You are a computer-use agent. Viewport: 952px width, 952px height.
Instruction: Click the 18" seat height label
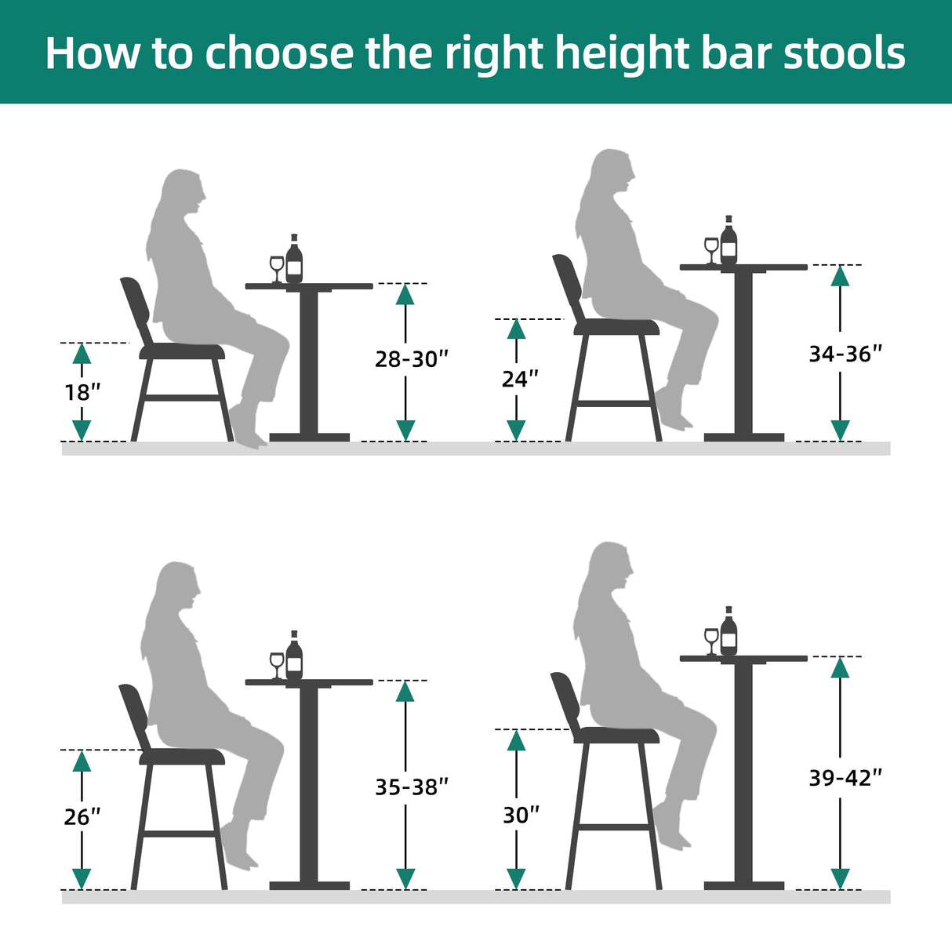coord(82,391)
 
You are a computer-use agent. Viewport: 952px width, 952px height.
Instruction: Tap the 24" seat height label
coord(520,379)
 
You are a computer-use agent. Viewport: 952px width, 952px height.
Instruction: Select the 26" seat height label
coord(82,816)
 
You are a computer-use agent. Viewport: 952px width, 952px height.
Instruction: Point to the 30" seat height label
coord(521,815)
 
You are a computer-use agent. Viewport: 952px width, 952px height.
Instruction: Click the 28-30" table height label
coord(412,359)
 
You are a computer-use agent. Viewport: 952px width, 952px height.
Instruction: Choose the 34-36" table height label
coord(845,354)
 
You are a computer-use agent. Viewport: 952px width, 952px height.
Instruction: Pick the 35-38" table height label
coord(412,787)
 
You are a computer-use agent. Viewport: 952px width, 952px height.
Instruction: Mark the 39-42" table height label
coord(845,777)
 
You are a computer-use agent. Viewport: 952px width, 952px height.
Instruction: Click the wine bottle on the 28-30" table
coord(294,260)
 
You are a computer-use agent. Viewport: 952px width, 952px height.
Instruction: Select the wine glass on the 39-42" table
coord(711,640)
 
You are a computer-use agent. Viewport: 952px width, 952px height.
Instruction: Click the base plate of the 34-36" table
coord(743,437)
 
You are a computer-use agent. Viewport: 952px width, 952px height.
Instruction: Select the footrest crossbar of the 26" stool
coord(180,834)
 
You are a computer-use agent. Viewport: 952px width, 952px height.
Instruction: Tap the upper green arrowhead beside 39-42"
coord(840,667)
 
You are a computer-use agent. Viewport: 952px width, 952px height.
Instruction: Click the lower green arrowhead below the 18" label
coord(82,430)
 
